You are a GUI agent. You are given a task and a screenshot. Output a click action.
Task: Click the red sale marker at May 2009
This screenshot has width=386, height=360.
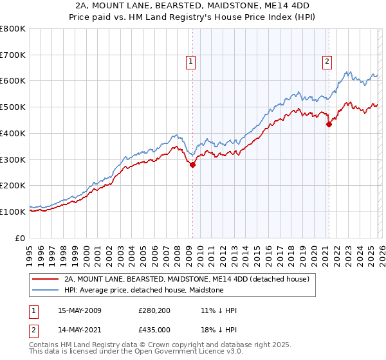pyautogui.click(x=192, y=165)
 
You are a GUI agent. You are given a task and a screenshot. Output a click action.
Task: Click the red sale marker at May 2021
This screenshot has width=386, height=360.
pyautogui.click(x=329, y=124)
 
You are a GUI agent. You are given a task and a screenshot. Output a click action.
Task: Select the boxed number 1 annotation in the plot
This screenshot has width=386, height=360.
pyautogui.click(x=192, y=62)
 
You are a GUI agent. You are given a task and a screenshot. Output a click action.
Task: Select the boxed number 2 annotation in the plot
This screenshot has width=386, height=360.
pyautogui.click(x=327, y=62)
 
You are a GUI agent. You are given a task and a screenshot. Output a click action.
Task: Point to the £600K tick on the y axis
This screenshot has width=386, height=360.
pyautogui.click(x=13, y=81)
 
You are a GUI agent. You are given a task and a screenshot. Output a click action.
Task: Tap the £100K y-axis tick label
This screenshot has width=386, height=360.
pyautogui.click(x=13, y=212)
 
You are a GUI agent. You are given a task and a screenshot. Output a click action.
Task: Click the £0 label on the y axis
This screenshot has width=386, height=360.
pyautogui.click(x=20, y=238)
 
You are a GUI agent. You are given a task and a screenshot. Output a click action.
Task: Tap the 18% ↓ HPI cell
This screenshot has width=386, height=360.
pyautogui.click(x=219, y=330)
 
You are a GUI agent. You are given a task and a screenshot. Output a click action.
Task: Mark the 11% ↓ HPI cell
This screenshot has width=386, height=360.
pyautogui.click(x=219, y=310)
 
